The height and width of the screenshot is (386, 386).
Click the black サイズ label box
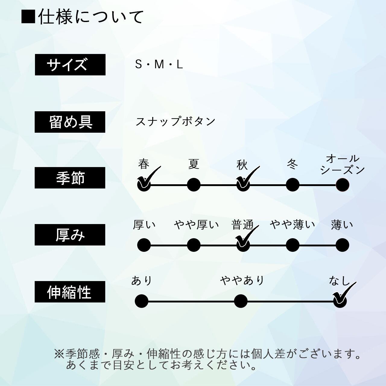(70, 65)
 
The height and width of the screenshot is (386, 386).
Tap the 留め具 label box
(70, 122)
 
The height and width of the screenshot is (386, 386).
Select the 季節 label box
(70, 178)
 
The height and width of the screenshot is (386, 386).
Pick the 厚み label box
(70, 235)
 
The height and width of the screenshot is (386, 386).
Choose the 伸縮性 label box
(70, 292)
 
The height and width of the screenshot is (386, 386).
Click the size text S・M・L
(159, 64)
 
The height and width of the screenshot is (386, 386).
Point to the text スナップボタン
(176, 121)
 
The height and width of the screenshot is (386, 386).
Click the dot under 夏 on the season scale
(194, 185)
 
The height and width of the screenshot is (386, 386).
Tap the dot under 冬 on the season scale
(292, 185)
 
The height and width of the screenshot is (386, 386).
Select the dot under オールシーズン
(342, 185)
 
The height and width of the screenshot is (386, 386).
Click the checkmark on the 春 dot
(148, 178)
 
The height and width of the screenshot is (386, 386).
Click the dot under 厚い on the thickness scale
(144, 245)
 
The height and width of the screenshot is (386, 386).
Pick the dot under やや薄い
(292, 245)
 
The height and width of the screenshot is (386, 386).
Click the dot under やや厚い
(194, 245)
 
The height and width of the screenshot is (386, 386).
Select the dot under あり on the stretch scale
(141, 301)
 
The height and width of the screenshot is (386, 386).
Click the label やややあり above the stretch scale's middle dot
(242, 280)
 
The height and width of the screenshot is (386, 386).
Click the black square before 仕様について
(28, 17)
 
